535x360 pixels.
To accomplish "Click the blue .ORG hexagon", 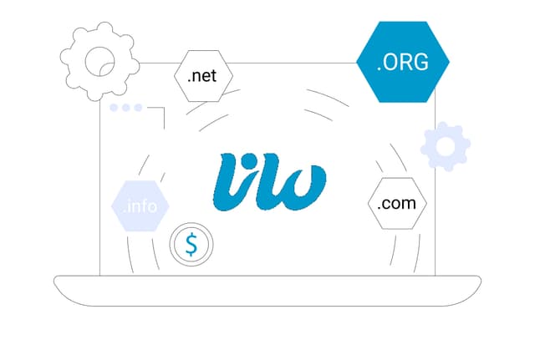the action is coord(403,62).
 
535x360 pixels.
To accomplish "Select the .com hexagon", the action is coord(397,203).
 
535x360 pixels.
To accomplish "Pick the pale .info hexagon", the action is coord(140,206).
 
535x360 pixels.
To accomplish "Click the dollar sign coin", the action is coord(191,244).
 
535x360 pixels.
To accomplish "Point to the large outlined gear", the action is coord(99,61).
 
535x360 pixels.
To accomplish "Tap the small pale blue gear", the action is coord(446,146).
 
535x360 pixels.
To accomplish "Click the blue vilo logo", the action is coord(269,182).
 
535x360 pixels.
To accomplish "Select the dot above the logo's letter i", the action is coord(250,160).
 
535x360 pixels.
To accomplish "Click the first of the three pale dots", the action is coord(114,108).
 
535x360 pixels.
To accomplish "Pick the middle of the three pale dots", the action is coord(126,108).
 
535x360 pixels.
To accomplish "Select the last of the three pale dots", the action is coord(138,108).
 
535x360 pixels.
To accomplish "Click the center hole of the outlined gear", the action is coord(99,62).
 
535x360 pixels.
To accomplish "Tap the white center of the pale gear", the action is coord(446,147).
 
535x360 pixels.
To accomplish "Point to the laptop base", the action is coord(267,291).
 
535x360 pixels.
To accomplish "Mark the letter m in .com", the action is coord(409,204).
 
